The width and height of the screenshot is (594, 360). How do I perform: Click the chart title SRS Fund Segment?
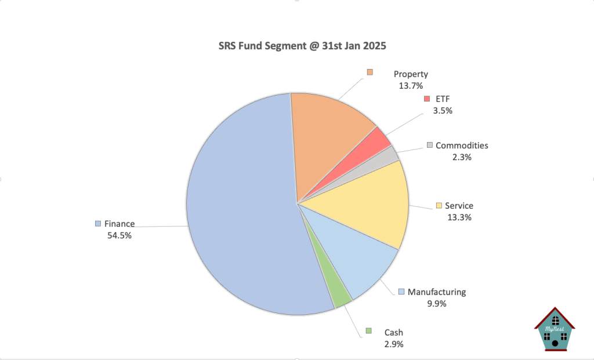click(x=296, y=46)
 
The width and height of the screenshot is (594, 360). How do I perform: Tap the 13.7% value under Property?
click(x=411, y=85)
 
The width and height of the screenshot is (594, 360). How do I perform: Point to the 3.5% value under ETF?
click(x=443, y=110)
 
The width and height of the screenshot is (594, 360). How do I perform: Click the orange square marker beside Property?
click(x=370, y=72)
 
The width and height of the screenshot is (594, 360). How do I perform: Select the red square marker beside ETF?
click(x=427, y=99)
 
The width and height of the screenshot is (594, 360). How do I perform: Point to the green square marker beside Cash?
click(x=368, y=331)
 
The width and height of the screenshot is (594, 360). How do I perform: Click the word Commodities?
click(x=462, y=146)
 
